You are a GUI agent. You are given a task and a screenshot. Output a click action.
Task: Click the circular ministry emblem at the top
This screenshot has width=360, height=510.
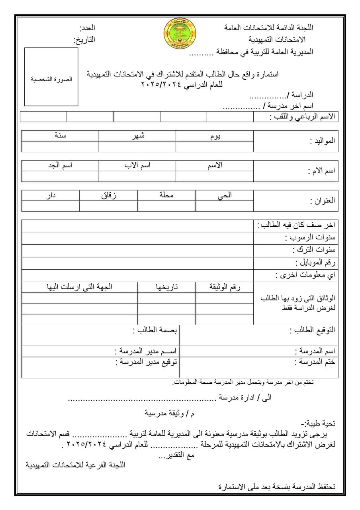tap(180, 33)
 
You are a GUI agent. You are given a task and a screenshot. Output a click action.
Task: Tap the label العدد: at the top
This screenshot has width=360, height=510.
tap(88, 28)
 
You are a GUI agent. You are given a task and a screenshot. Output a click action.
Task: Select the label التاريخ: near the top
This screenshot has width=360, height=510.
tap(84, 40)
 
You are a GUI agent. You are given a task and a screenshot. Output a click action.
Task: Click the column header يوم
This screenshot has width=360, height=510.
tap(215, 136)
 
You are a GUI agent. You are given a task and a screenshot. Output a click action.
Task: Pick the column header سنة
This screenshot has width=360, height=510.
tap(61, 135)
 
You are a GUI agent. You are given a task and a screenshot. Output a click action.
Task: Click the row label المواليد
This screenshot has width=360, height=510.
tap(323, 141)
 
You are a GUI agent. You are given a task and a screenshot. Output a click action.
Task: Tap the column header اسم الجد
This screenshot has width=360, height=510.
tap(60, 165)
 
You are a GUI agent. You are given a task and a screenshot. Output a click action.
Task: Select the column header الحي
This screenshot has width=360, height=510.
tap(225, 195)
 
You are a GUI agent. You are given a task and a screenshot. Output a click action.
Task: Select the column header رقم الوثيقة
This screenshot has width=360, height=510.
tap(225, 287)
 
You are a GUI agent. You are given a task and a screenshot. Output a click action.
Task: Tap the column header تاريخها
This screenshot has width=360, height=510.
tap(166, 287)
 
